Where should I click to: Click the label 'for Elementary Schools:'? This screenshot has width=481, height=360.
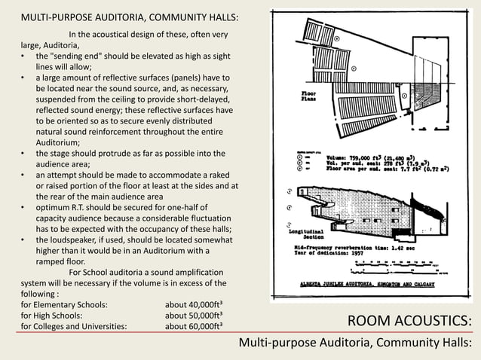click(64, 305)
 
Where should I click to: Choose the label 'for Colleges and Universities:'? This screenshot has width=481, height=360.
click(74, 327)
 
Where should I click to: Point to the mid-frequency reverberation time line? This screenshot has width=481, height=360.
click(354, 246)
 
